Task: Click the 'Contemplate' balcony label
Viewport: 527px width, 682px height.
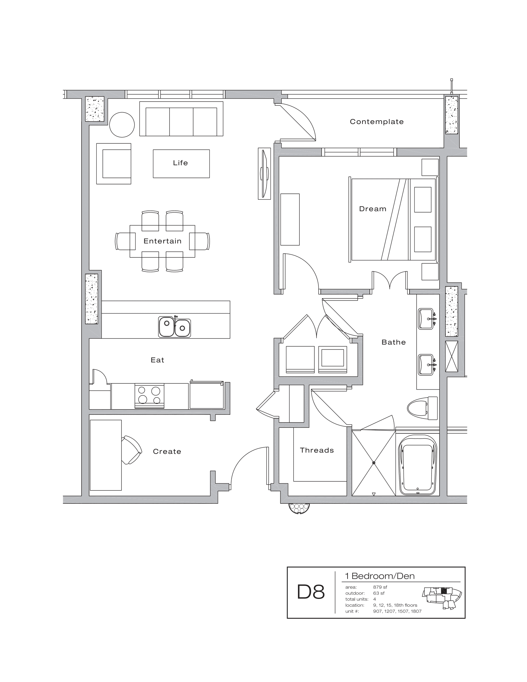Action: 377,122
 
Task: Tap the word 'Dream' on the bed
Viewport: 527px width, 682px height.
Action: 372,209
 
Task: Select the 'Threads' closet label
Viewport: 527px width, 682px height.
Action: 317,450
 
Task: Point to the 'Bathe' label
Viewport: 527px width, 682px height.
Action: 393,342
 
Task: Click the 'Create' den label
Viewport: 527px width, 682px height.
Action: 167,452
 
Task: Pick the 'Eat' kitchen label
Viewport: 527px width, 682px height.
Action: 157,360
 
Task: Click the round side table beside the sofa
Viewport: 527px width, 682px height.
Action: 122,125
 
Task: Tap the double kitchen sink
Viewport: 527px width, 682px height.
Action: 174,327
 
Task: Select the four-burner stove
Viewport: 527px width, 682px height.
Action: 149,395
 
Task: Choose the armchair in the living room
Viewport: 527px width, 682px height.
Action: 114,164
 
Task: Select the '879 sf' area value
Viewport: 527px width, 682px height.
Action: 380,587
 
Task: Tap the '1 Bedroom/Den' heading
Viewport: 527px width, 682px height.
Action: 380,576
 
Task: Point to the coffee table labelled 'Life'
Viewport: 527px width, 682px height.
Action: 181,164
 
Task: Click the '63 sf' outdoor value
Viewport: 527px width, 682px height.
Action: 379,593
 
